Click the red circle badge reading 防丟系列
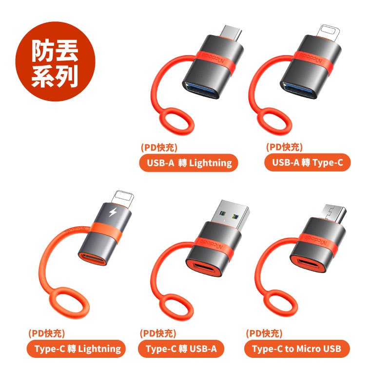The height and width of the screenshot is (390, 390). click(x=55, y=61)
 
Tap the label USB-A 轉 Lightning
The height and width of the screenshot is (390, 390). click(x=189, y=163)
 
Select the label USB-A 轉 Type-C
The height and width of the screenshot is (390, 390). click(x=308, y=162)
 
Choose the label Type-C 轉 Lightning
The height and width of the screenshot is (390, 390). click(x=76, y=349)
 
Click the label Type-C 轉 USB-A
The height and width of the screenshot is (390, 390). click(x=181, y=349)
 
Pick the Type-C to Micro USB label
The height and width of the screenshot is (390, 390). click(x=297, y=349)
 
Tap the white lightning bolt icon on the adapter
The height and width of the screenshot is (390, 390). click(x=113, y=212)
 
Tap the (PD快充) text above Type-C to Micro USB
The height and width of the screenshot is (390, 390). click(x=264, y=333)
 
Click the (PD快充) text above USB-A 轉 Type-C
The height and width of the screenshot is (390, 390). click(x=284, y=147)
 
